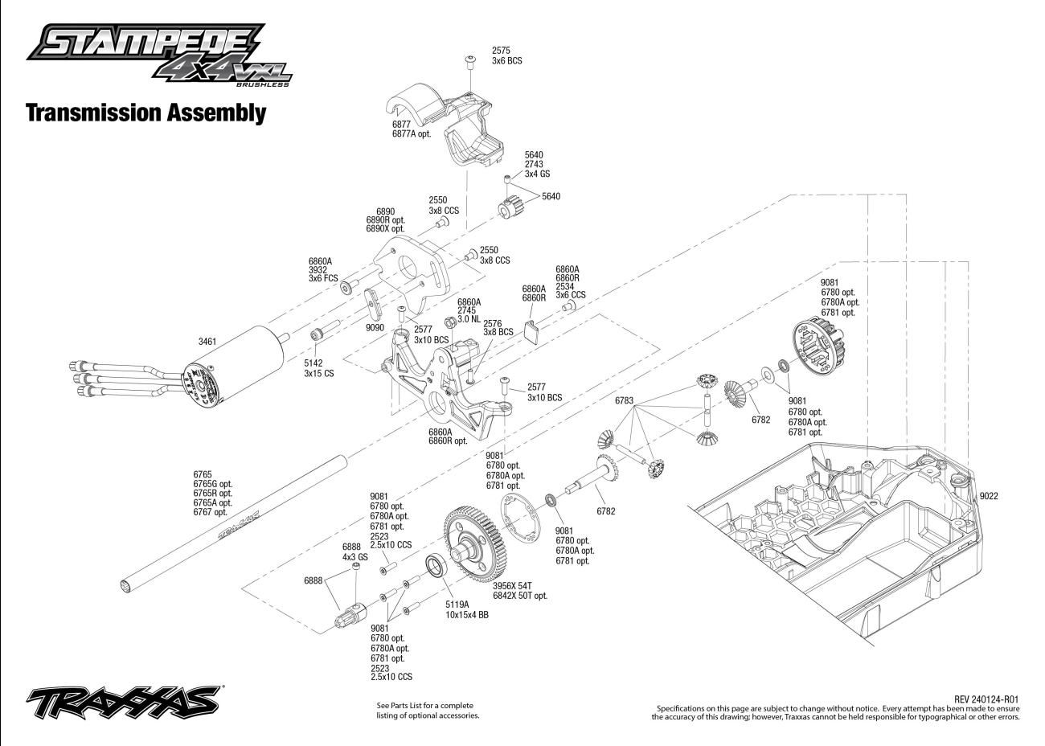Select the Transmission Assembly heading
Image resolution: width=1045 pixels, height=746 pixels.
tap(145, 113)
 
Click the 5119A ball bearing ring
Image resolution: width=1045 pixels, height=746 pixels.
tap(435, 566)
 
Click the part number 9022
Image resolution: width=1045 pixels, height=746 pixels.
tap(988, 496)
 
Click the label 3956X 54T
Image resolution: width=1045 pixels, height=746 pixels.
tap(514, 586)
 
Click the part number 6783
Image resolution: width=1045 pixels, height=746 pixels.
tap(625, 400)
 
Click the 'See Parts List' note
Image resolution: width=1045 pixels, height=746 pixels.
tap(428, 710)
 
